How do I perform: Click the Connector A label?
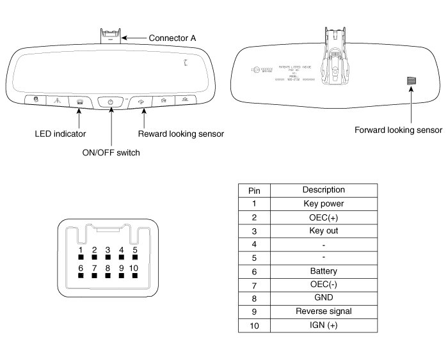(x=172, y=38)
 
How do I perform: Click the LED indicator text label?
(x=60, y=134)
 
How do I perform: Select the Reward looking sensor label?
(x=181, y=134)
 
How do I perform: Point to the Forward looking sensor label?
(x=398, y=130)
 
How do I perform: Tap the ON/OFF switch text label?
(x=111, y=152)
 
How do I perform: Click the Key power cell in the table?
(x=323, y=203)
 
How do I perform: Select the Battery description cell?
(x=323, y=271)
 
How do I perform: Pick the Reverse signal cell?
(x=323, y=311)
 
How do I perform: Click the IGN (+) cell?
(x=323, y=325)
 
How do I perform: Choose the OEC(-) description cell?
(x=323, y=285)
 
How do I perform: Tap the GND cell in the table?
(x=323, y=298)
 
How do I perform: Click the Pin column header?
(x=254, y=190)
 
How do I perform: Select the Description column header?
(x=323, y=190)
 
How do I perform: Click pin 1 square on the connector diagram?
(x=81, y=259)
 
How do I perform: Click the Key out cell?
(x=323, y=230)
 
